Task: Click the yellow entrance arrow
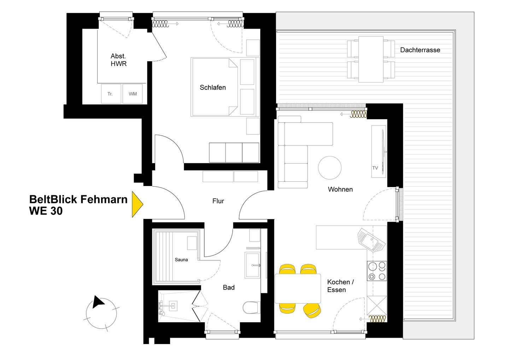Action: (x=137, y=204)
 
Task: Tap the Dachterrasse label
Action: (x=420, y=50)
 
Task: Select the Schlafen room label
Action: (x=213, y=87)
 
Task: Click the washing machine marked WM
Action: (x=133, y=94)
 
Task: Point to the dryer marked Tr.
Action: (x=111, y=94)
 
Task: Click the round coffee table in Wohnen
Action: (x=329, y=168)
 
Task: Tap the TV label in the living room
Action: (x=375, y=168)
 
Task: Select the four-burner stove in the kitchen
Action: (x=377, y=271)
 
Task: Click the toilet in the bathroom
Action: (x=251, y=308)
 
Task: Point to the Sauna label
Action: (x=181, y=260)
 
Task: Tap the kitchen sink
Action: (x=371, y=240)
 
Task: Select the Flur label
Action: (x=218, y=201)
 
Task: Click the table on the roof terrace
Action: (x=371, y=59)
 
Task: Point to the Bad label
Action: (x=229, y=288)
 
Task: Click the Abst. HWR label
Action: (x=118, y=60)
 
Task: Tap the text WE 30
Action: (x=46, y=211)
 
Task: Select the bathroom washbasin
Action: (x=253, y=265)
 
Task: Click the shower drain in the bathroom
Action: (x=174, y=306)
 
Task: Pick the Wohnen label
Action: (x=340, y=189)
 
